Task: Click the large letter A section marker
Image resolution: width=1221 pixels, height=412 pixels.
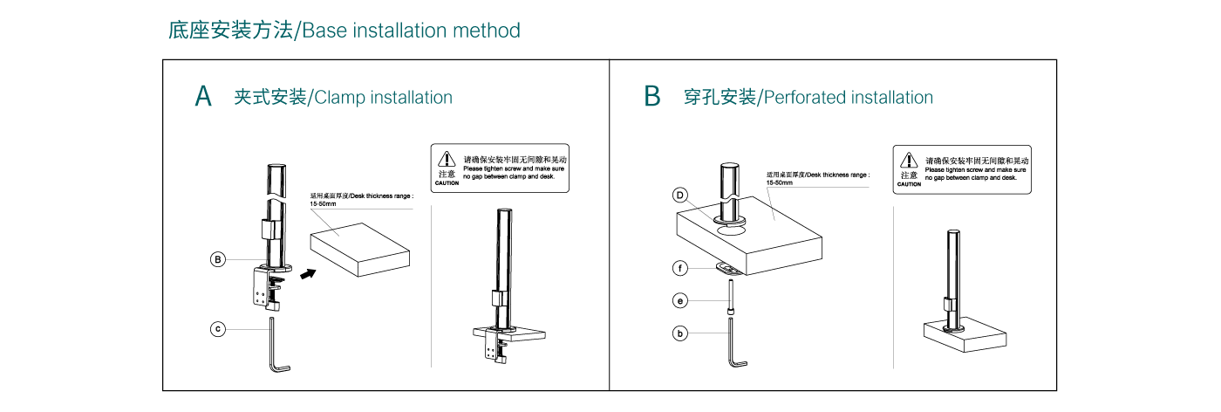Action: pos(203,96)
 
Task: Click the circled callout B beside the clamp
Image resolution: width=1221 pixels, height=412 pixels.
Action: pos(219,259)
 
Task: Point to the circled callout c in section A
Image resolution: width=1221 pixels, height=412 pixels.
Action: pos(219,329)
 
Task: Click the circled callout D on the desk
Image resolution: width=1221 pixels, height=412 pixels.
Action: pos(681,196)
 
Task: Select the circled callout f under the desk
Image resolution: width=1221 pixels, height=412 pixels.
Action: pos(681,268)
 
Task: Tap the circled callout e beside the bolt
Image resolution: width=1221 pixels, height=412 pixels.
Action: pos(681,301)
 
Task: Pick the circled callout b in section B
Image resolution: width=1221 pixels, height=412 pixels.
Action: pos(681,333)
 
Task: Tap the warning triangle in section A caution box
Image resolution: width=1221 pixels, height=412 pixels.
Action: pos(447,159)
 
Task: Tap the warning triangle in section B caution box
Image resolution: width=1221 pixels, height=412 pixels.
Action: pos(909,161)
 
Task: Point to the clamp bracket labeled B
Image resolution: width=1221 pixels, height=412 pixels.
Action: pos(269,288)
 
